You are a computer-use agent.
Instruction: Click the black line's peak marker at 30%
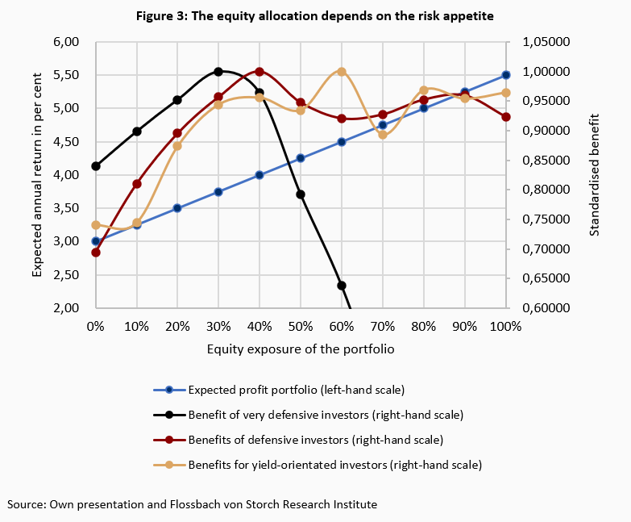[x=218, y=72]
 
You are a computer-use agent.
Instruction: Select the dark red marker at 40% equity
[x=259, y=72]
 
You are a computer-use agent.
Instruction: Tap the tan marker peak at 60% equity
[x=342, y=72]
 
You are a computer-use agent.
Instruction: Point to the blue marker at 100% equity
[x=506, y=75]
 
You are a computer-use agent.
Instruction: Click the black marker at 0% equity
[x=96, y=166]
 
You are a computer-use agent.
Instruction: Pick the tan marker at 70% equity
[x=383, y=135]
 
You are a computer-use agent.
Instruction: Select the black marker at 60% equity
[x=342, y=286]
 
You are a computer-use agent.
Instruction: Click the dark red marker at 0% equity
[x=96, y=253]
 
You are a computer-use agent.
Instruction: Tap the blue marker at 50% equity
[x=301, y=158]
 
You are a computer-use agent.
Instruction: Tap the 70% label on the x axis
[x=383, y=326]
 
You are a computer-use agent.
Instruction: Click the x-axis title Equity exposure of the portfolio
[x=301, y=349]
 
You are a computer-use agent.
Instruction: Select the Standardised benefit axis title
[x=595, y=174]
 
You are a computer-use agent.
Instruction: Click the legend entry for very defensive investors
[x=325, y=415]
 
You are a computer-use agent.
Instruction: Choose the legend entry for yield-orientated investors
[x=334, y=465]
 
